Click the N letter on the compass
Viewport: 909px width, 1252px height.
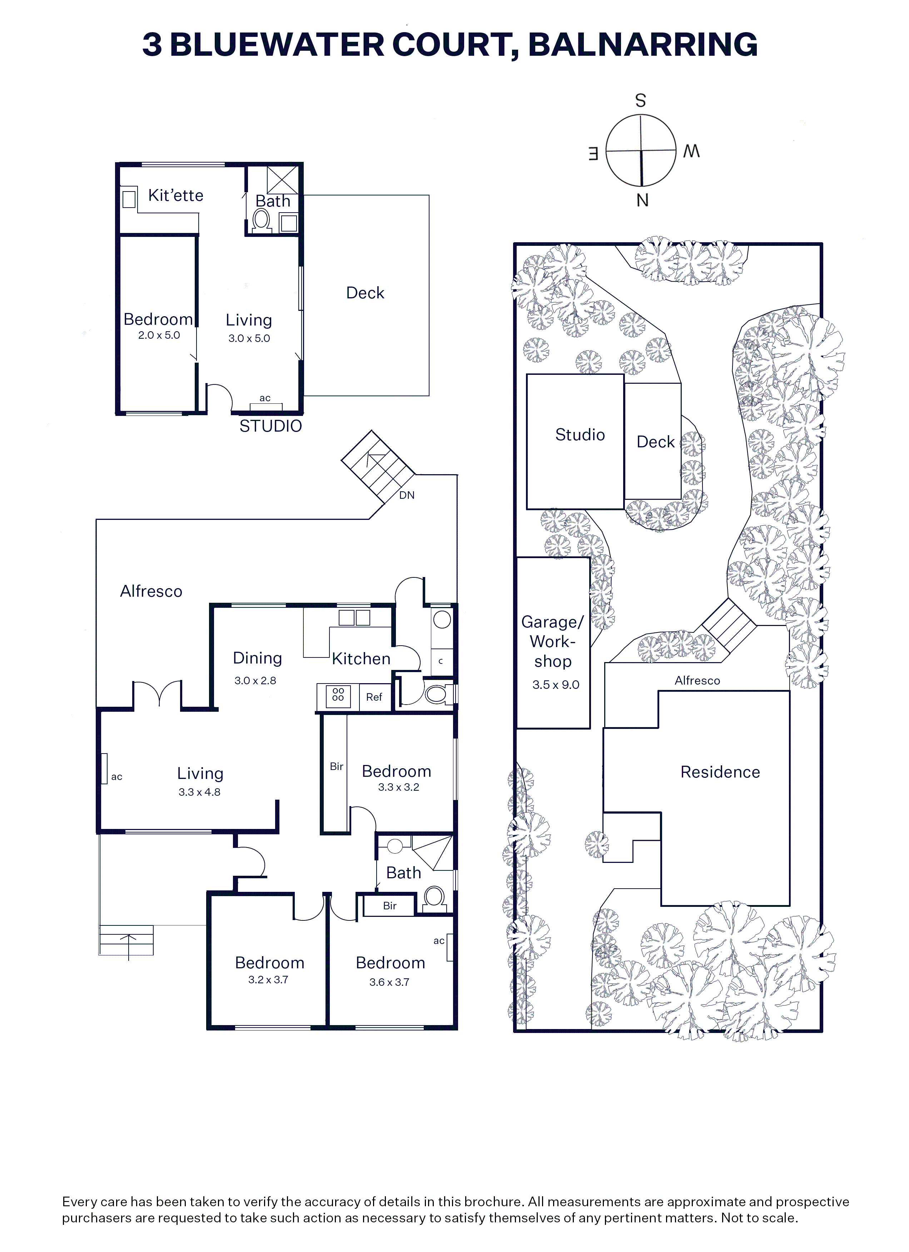click(x=642, y=201)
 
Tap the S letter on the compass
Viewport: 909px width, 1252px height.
click(x=640, y=100)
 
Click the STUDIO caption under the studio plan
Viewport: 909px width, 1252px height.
click(x=270, y=426)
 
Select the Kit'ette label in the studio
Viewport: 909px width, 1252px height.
click(x=175, y=195)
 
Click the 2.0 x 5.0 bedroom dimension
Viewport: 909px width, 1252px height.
click(x=159, y=335)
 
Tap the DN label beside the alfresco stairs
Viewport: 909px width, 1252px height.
click(x=407, y=495)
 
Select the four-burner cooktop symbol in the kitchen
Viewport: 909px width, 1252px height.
click(x=338, y=697)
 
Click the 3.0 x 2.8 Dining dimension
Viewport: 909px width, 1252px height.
click(x=255, y=681)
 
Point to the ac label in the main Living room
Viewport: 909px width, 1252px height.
click(x=116, y=777)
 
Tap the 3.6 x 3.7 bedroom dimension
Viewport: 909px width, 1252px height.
click(x=389, y=982)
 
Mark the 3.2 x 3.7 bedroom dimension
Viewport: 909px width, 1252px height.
click(x=268, y=980)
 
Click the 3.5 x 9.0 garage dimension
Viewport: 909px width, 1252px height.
click(x=556, y=685)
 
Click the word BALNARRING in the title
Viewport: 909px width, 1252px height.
click(x=643, y=45)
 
